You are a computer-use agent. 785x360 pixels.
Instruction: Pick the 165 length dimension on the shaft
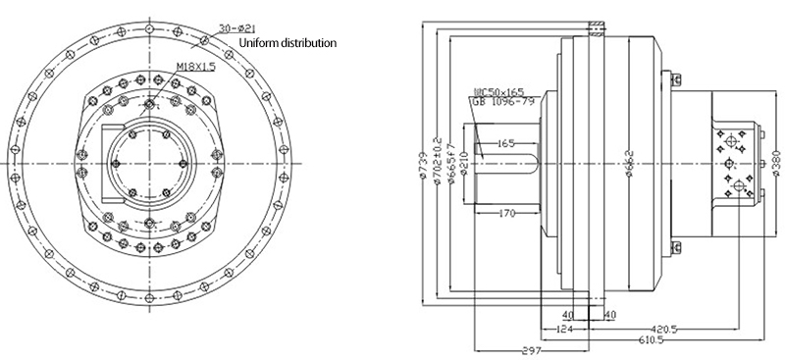tap(506, 143)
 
